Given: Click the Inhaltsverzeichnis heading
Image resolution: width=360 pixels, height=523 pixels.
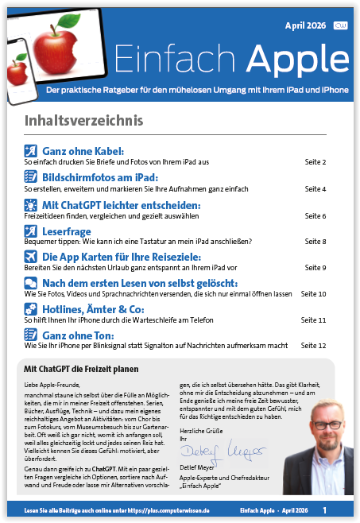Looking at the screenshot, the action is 83,122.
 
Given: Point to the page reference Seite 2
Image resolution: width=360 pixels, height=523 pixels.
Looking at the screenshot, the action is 315,161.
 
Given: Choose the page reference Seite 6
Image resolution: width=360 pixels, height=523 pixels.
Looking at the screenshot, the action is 315,216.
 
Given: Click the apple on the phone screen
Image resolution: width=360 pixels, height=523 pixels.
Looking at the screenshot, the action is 17,74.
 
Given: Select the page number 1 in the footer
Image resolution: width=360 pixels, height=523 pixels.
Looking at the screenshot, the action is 324,509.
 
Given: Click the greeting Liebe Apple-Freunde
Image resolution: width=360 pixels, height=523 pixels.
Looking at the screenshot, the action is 50,384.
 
